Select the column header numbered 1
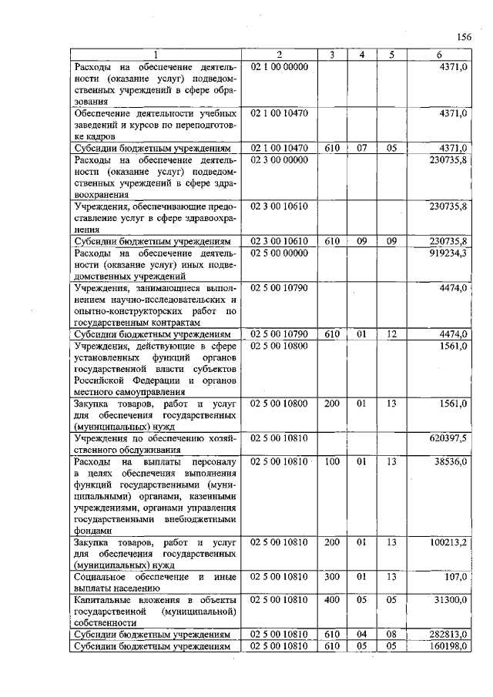coord(156,55)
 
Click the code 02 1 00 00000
coord(280,67)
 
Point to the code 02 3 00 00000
coord(280,159)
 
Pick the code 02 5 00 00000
coord(280,253)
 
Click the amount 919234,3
coord(448,253)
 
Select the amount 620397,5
coord(448,437)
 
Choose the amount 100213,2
coord(448,543)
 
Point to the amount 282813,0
coord(449,634)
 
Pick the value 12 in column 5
coord(391,334)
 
